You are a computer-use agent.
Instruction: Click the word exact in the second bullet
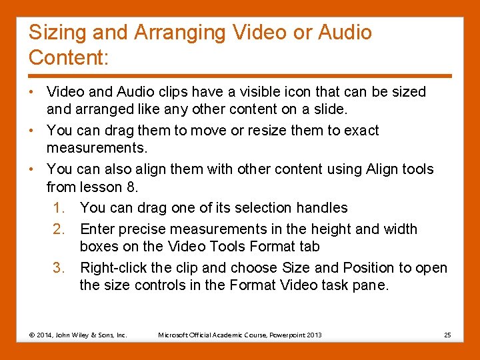tap(360, 131)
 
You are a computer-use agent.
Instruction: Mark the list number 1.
tap(59, 208)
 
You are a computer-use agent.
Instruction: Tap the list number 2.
tap(59, 229)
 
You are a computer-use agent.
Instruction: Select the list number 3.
tap(59, 268)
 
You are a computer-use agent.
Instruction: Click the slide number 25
tap(447, 334)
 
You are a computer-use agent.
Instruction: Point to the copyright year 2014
tap(44, 334)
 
